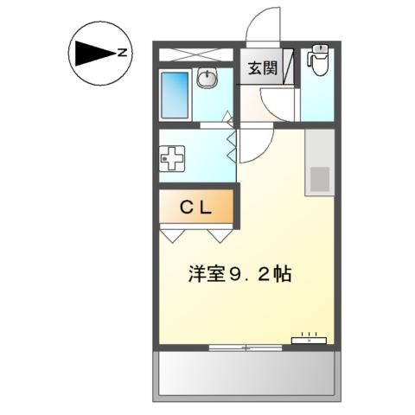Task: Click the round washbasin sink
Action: pos(207,80)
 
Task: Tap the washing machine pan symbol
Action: pos(173,160)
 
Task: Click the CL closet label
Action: pos(195,207)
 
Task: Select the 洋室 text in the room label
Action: pos(205,275)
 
